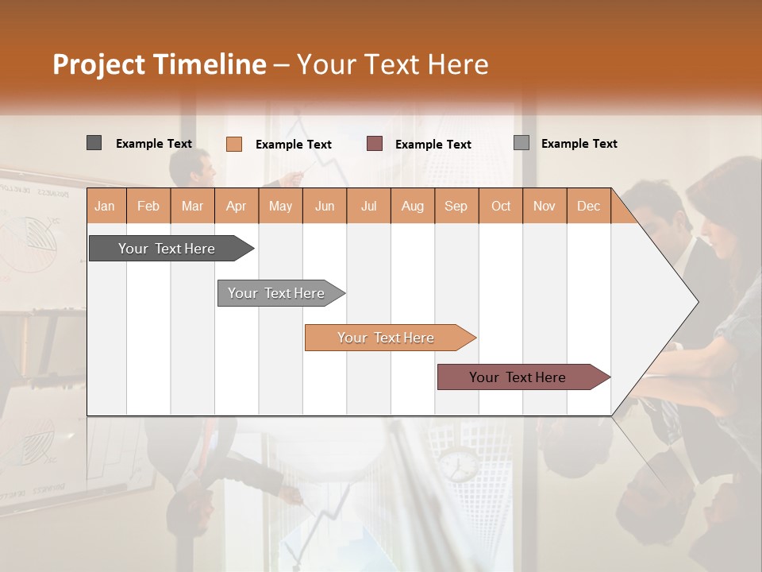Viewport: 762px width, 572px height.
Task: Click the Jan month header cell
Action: tap(106, 206)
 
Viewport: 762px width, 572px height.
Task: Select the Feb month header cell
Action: tap(148, 206)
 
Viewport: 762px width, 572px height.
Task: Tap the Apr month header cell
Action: tap(237, 206)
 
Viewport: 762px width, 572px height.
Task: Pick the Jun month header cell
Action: tap(325, 206)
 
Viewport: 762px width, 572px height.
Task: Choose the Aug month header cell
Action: tap(413, 206)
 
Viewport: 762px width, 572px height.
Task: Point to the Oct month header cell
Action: tap(501, 206)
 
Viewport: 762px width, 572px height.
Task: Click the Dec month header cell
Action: tap(589, 206)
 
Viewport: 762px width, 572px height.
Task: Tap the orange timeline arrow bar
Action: tap(387, 338)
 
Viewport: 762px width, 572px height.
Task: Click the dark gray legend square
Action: tap(94, 143)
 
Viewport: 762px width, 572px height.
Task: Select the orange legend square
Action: tap(233, 144)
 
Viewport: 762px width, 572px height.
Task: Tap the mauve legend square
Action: tap(375, 144)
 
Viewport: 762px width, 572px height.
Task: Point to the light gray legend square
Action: tap(521, 143)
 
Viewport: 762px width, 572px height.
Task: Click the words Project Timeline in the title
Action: tap(159, 64)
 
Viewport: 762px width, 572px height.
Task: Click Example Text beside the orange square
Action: tap(293, 145)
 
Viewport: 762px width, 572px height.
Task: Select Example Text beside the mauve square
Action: tap(433, 145)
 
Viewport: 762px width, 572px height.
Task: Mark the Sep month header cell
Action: tap(456, 206)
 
